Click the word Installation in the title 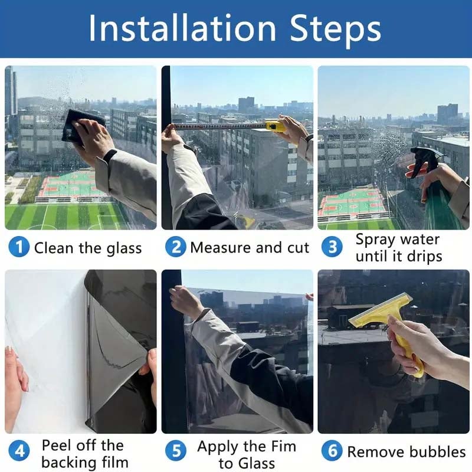(182, 28)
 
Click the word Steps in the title (335, 30)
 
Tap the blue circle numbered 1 (19, 247)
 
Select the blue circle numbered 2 (175, 247)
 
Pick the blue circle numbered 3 (332, 247)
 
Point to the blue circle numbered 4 (19, 451)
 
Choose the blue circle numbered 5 (175, 451)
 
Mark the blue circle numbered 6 (332, 451)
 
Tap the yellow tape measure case (276, 126)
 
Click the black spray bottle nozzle (424, 159)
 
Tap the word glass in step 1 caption (124, 249)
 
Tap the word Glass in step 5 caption (255, 463)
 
